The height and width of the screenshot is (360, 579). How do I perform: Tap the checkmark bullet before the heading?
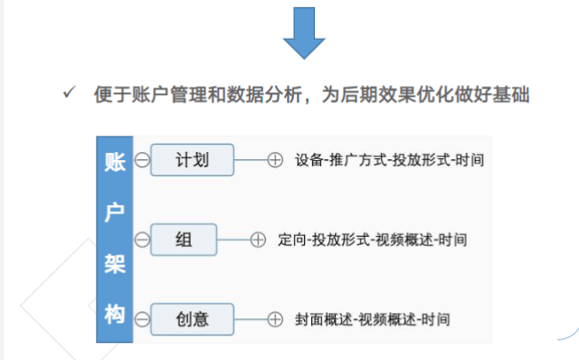click(68, 94)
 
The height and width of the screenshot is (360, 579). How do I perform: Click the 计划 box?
click(192, 160)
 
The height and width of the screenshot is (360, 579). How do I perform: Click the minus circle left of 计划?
click(142, 161)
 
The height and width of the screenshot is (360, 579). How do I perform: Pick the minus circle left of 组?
click(142, 240)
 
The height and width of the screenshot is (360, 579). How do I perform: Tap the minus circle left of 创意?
click(142, 318)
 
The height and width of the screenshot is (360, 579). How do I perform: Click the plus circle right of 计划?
click(275, 161)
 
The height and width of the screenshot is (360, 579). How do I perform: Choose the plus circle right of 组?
click(258, 240)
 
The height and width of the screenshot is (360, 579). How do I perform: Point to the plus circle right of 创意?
click(275, 318)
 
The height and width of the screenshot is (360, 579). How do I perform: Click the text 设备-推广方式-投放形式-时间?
click(388, 161)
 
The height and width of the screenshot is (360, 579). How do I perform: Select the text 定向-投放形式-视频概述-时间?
click(374, 240)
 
